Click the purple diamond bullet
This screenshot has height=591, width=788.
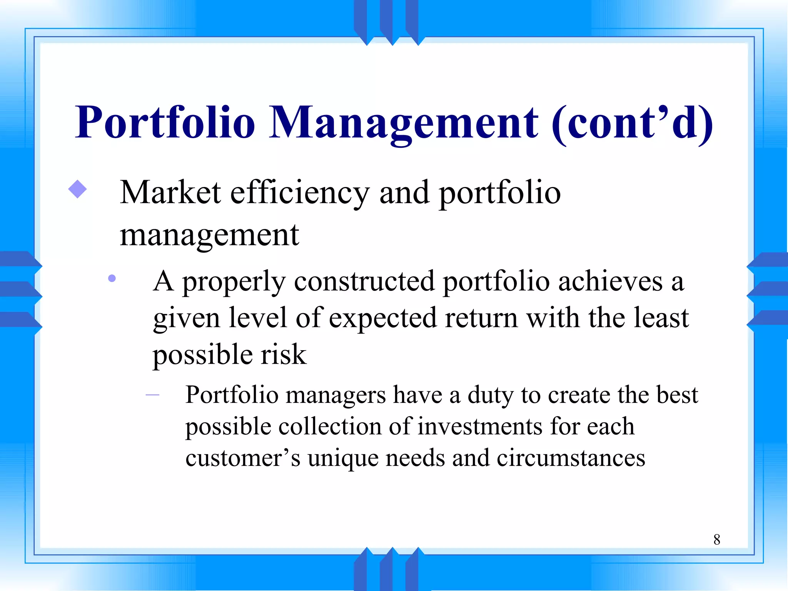coord(77,189)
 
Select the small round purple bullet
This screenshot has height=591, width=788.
coord(112,278)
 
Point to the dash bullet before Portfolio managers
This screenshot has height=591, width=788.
coord(153,395)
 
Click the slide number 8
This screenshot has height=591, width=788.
coord(716,539)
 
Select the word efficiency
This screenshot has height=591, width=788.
coord(300,193)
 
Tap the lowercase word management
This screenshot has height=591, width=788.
coord(209,235)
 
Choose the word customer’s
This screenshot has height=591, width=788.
coord(243,459)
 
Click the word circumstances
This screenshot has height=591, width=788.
coord(571,459)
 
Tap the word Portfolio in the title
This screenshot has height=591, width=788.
coord(165,123)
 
